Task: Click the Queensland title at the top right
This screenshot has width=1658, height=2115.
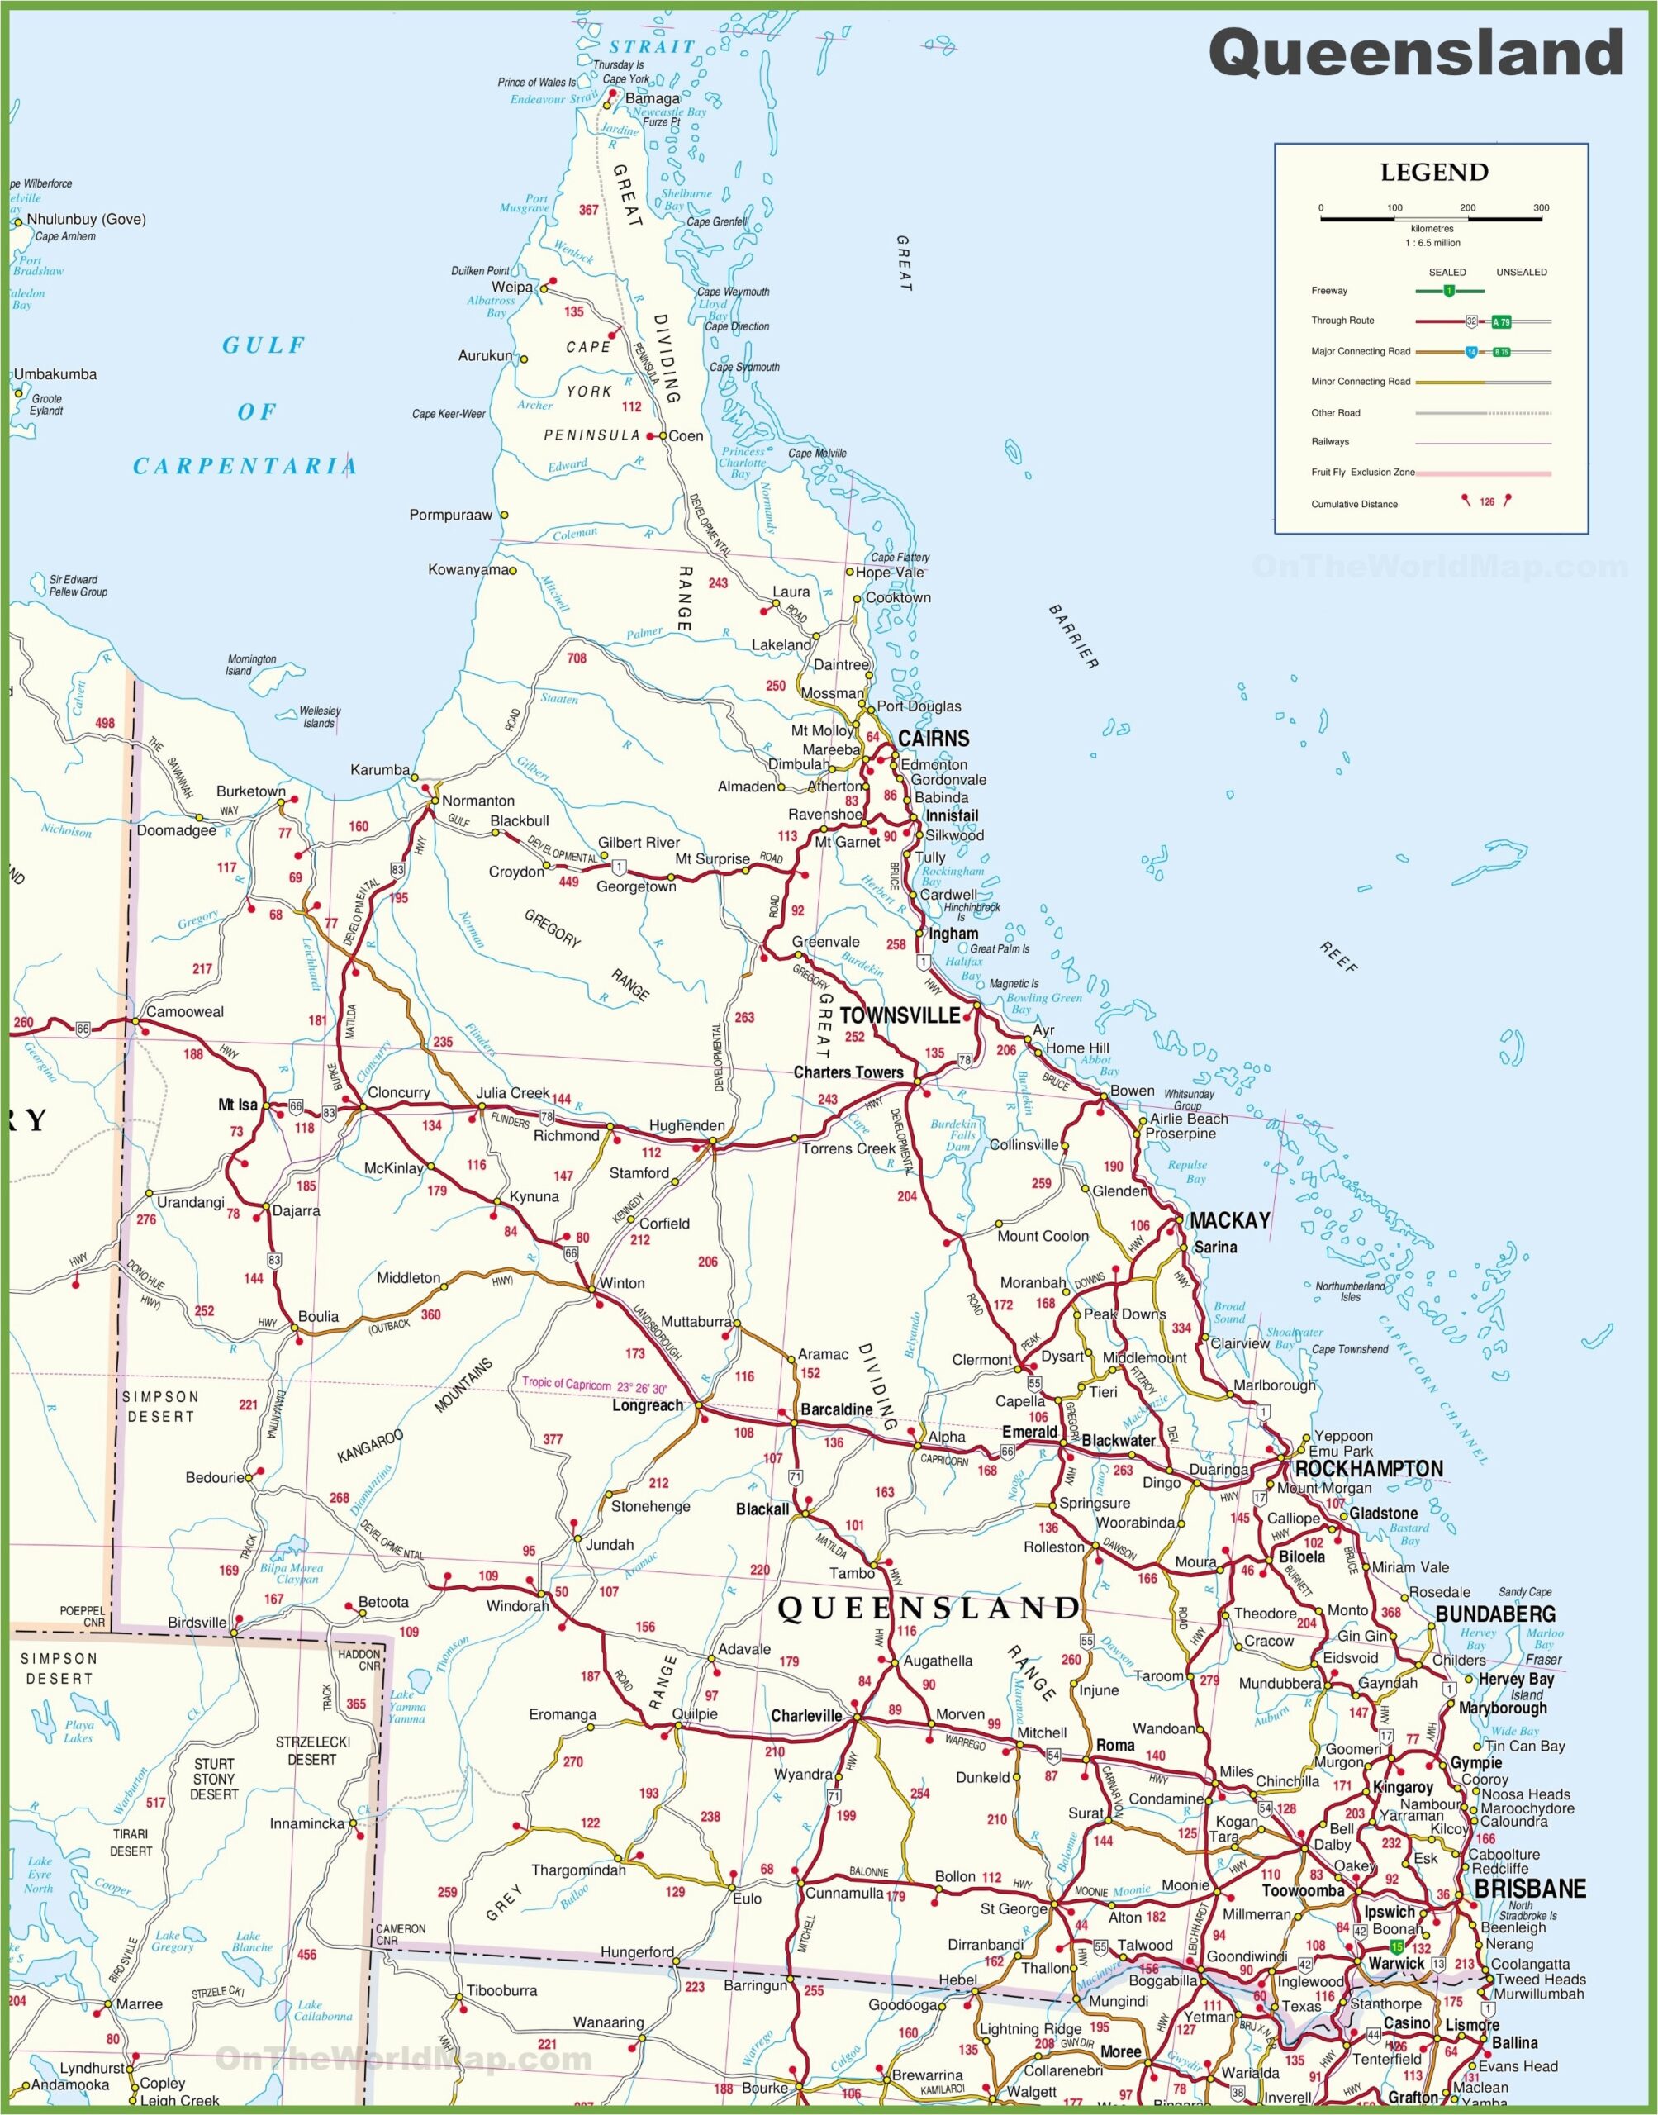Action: (x=1415, y=54)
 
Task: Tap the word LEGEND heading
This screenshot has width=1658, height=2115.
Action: (x=1434, y=173)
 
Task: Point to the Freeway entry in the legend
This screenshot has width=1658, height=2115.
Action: (x=1329, y=290)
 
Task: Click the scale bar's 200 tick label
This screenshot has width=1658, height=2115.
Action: (x=1468, y=207)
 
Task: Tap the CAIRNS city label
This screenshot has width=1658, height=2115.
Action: (x=933, y=739)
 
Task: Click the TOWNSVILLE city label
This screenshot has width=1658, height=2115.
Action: (x=899, y=1015)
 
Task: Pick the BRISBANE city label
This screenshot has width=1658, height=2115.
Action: (x=1530, y=1888)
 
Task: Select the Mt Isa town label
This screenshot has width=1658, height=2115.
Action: (x=238, y=1105)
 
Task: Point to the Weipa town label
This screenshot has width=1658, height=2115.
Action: (x=511, y=288)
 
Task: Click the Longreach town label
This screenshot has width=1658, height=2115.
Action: (x=648, y=1404)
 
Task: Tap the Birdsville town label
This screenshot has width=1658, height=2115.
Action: (x=197, y=1622)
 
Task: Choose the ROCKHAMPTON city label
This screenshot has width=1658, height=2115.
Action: (x=1369, y=1469)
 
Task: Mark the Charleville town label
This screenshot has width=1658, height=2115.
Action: (x=806, y=1715)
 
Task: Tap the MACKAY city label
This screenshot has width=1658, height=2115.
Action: (x=1229, y=1221)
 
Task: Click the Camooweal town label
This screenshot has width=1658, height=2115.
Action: (x=184, y=1011)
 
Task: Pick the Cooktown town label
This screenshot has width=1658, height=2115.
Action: (x=898, y=598)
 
